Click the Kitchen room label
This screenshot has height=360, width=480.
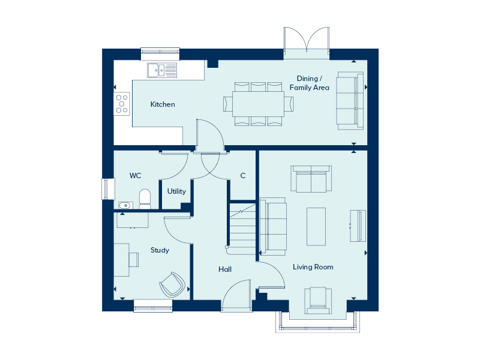[163, 104]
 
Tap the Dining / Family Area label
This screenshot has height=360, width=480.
[309, 83]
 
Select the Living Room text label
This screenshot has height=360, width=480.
[313, 267]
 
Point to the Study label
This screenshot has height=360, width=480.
[160, 250]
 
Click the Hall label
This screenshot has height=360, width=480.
[225, 269]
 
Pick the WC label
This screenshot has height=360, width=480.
[136, 176]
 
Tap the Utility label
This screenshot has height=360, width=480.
[176, 191]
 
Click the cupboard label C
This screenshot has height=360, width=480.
[243, 176]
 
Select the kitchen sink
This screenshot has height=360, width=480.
[162, 70]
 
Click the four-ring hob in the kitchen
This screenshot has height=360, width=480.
[122, 104]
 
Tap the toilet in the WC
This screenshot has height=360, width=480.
[145, 199]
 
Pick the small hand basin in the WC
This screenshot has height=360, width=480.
[125, 205]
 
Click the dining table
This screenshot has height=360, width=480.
[258, 104]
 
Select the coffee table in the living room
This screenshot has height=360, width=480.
[316, 227]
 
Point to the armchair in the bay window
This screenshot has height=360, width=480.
[318, 301]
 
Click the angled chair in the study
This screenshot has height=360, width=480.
[172, 285]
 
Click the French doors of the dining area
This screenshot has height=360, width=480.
[307, 43]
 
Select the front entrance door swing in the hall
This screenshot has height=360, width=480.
[236, 295]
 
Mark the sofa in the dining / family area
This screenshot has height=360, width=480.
[350, 101]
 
